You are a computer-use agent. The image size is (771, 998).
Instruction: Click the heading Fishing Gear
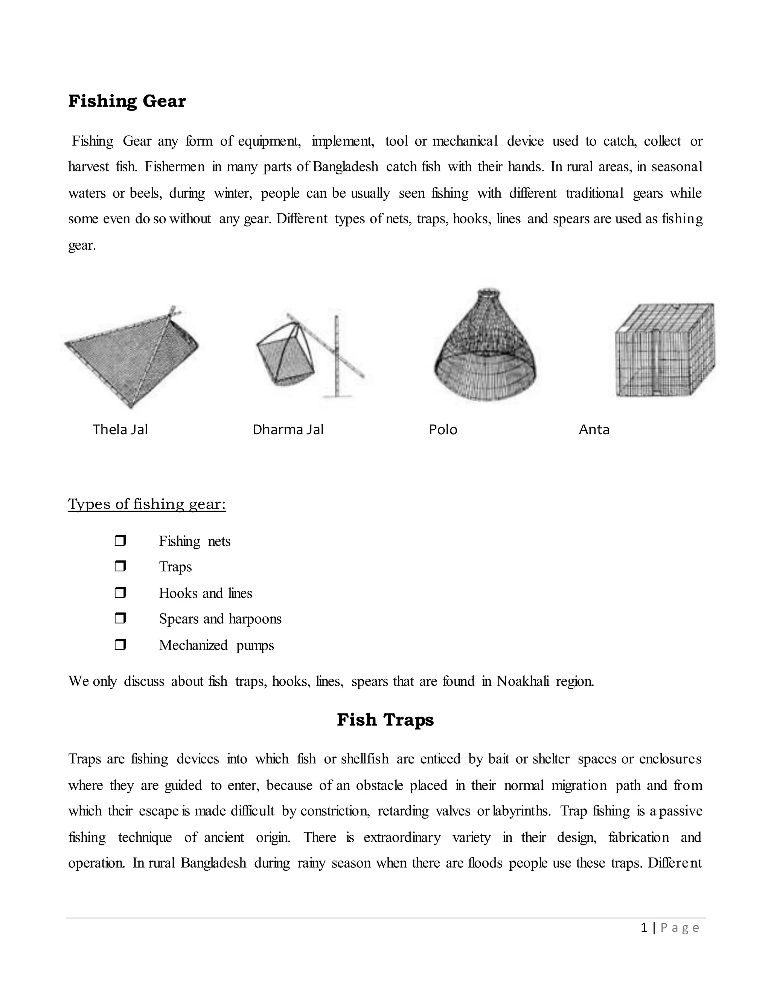(127, 101)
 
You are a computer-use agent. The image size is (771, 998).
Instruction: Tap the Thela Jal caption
(120, 430)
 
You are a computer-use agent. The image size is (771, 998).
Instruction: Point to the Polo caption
(443, 430)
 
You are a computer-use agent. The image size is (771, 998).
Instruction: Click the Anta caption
(594, 430)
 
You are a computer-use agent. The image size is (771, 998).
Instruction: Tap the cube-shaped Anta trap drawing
(664, 351)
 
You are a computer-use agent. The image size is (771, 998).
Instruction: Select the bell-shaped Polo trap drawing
(485, 356)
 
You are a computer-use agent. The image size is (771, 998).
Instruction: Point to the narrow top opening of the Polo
(488, 293)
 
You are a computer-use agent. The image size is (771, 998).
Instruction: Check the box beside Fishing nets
(120, 540)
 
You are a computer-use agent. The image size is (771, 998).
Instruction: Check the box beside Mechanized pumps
(120, 645)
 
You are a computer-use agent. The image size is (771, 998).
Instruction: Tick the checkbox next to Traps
(120, 566)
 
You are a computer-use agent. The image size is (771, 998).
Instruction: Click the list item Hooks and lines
(205, 593)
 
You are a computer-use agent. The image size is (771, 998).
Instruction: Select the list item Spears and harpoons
(220, 619)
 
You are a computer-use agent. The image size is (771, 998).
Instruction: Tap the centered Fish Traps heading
(385, 720)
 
